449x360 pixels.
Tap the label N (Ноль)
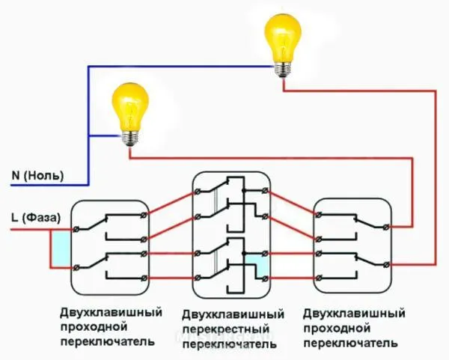(x=37, y=176)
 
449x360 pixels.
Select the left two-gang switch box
(x=108, y=247)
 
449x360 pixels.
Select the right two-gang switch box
(x=352, y=247)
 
